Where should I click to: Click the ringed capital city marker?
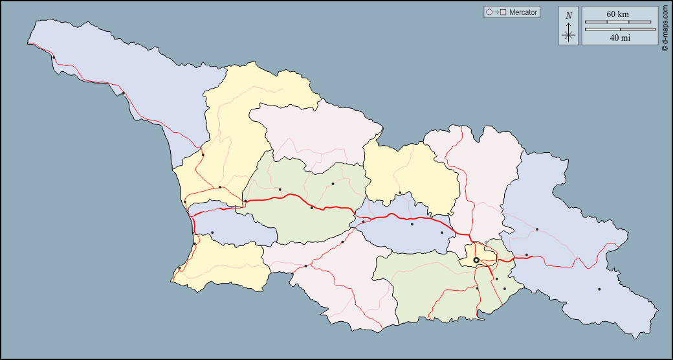click(476, 260)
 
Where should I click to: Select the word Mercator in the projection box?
click(523, 12)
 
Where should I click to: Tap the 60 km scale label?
click(617, 14)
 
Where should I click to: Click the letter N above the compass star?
click(569, 16)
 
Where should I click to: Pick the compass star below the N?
click(569, 34)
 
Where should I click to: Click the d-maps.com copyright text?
click(665, 29)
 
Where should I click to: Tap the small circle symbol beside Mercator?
click(489, 12)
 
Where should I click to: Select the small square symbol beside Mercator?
click(503, 12)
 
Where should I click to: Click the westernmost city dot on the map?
click(54, 58)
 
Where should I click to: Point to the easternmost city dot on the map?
click(599, 289)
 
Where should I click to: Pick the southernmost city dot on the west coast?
click(179, 267)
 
